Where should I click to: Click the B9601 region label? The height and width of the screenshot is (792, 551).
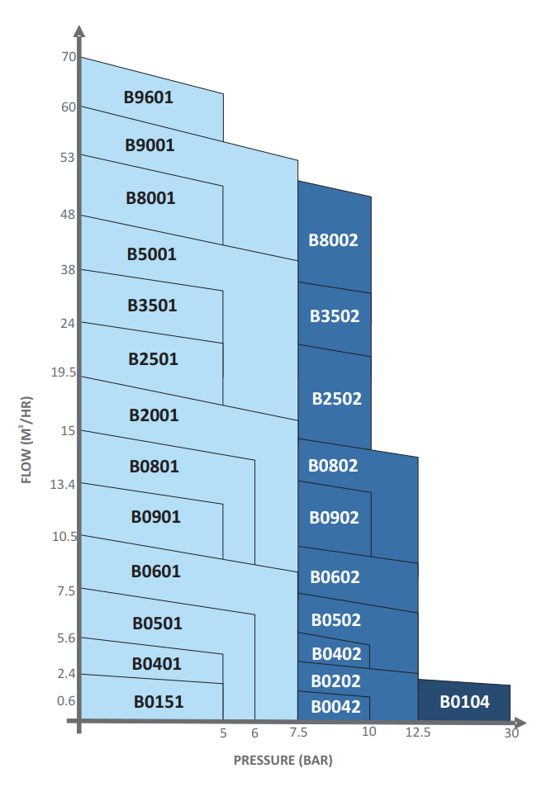[149, 97]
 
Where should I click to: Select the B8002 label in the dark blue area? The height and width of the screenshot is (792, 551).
[334, 240]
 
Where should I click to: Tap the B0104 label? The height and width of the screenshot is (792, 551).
[464, 702]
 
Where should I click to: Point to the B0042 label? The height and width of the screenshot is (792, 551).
[336, 707]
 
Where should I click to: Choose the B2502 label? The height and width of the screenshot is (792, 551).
[337, 399]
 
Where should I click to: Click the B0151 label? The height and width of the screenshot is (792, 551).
[159, 702]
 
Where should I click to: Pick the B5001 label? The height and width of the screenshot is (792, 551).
[151, 254]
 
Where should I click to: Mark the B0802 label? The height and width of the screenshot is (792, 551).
[333, 465]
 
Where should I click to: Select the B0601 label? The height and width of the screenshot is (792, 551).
[155, 571]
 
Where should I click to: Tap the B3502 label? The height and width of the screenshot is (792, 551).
[335, 316]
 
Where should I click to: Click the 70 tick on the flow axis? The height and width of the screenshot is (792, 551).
[69, 56]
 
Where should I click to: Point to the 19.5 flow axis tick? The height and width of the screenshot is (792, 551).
[63, 372]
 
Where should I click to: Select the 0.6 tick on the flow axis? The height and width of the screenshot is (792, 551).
[66, 701]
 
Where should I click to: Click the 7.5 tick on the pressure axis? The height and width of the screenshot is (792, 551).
[298, 733]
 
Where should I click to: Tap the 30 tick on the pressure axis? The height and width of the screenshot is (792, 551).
[511, 733]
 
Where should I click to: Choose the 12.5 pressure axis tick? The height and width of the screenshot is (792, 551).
[418, 733]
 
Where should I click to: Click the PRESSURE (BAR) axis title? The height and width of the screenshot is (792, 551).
[283, 760]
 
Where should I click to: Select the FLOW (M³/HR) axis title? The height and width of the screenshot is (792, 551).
[26, 440]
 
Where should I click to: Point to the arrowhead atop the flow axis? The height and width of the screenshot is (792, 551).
[78, 31]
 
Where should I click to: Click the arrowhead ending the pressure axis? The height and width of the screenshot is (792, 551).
[520, 723]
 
